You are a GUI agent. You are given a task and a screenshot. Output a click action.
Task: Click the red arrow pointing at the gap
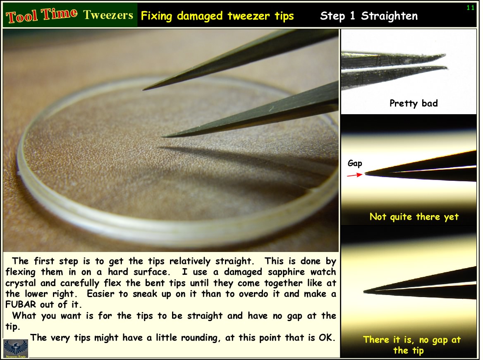(355, 175)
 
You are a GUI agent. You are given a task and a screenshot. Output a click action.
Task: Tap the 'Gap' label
(355, 163)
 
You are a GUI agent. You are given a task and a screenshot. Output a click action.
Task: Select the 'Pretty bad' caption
(414, 103)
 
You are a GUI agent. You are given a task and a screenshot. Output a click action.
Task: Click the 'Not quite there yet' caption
(414, 217)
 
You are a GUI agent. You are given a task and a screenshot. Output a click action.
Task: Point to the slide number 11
(470, 8)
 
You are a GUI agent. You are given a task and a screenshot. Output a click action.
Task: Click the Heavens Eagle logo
(16, 348)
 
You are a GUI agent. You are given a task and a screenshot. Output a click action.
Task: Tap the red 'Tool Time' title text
(42, 15)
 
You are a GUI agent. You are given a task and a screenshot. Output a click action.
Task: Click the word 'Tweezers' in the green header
(108, 15)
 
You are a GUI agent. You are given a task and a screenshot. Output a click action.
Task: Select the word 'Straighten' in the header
(390, 16)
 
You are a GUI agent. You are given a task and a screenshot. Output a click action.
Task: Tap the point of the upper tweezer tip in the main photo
(143, 90)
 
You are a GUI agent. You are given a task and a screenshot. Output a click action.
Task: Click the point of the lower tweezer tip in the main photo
(162, 137)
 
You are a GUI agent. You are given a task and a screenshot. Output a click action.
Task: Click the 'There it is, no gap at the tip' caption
(411, 345)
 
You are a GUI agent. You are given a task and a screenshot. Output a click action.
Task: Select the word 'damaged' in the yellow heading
(200, 16)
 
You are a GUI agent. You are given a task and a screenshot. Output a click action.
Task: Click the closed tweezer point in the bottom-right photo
(364, 291)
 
